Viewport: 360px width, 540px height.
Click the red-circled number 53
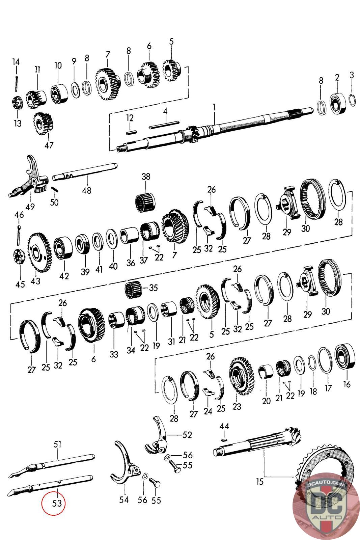click(53, 503)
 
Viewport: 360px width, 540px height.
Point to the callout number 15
click(259, 481)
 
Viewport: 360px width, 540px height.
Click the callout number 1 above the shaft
click(214, 108)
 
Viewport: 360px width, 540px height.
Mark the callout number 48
click(86, 190)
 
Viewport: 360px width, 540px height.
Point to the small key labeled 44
click(224, 440)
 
